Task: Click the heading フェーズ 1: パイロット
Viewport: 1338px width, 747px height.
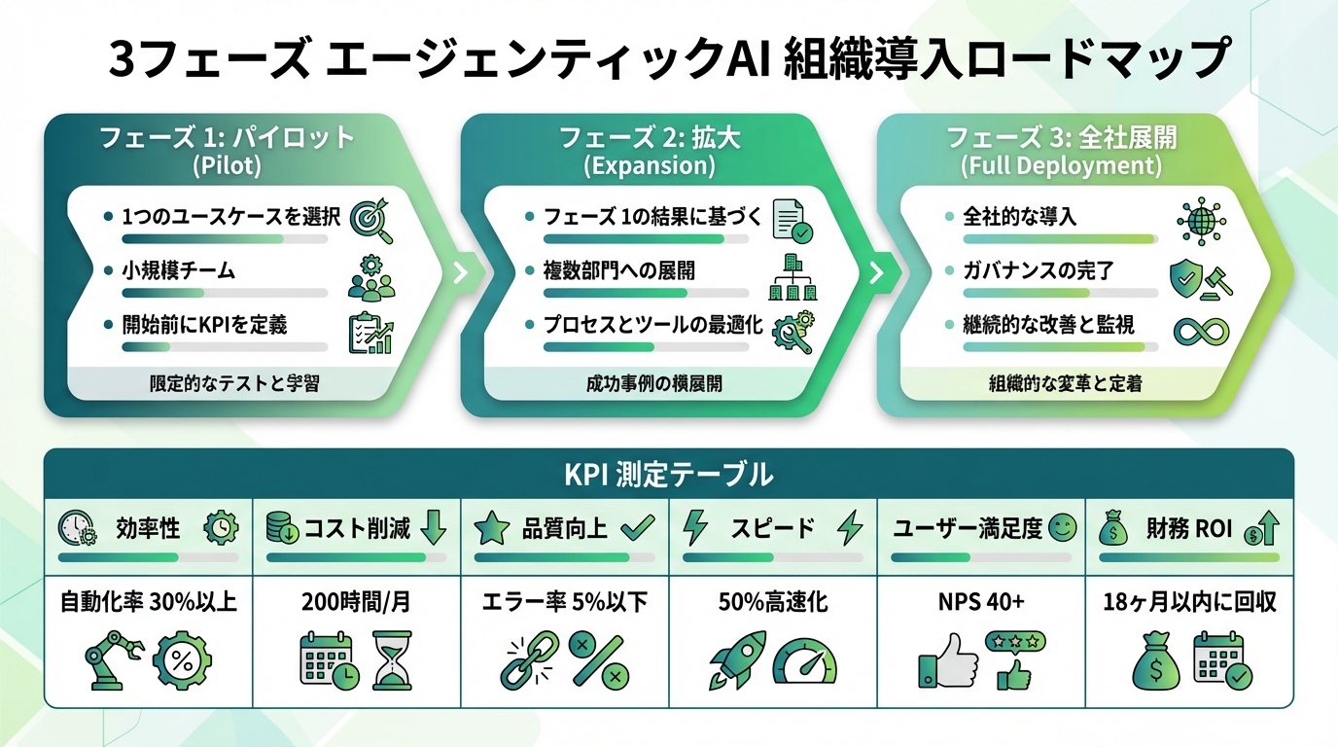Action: tap(227, 137)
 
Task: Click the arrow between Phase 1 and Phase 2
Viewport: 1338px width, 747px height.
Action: tap(461, 272)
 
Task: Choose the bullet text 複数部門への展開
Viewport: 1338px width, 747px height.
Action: tap(618, 270)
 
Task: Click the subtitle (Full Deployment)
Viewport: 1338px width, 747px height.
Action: tap(1061, 165)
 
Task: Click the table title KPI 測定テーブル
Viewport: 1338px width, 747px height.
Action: tap(669, 475)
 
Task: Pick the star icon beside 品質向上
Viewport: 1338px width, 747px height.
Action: tap(492, 529)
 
